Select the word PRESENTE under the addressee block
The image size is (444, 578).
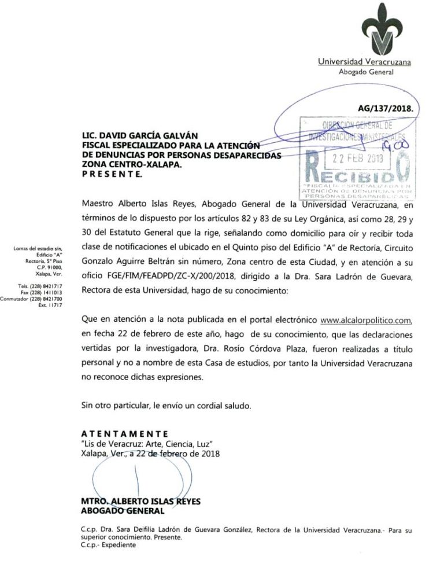click(112, 174)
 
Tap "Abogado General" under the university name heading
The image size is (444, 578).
click(366, 72)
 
